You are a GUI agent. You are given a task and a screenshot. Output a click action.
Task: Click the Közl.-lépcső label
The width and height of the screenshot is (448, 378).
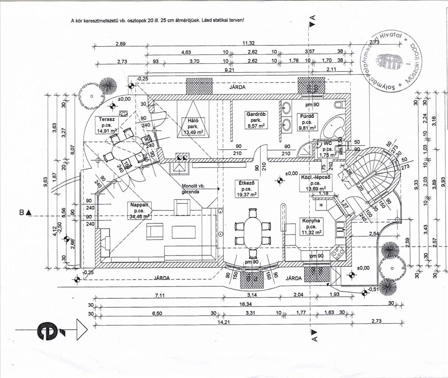point(315,177)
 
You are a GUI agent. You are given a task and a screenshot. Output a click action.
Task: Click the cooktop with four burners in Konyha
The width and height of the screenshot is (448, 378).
point(338,253)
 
